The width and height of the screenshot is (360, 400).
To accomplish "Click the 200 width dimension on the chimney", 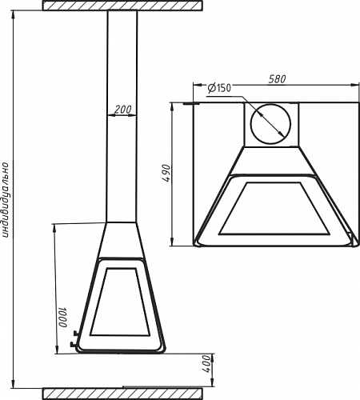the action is [123, 110].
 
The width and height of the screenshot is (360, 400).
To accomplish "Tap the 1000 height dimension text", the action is [63, 318].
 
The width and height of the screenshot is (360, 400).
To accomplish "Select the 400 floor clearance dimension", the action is [206, 363].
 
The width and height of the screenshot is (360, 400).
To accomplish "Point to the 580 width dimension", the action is [277, 79].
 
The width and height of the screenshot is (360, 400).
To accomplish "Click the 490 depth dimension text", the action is [166, 174].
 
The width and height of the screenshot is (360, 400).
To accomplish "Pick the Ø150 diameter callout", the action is [219, 87].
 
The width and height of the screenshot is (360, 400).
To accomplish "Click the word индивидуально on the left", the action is [6, 200].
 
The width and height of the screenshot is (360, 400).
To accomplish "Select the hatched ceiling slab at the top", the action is [122, 6].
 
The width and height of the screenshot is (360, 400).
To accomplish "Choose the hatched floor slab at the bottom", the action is [122, 394].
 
